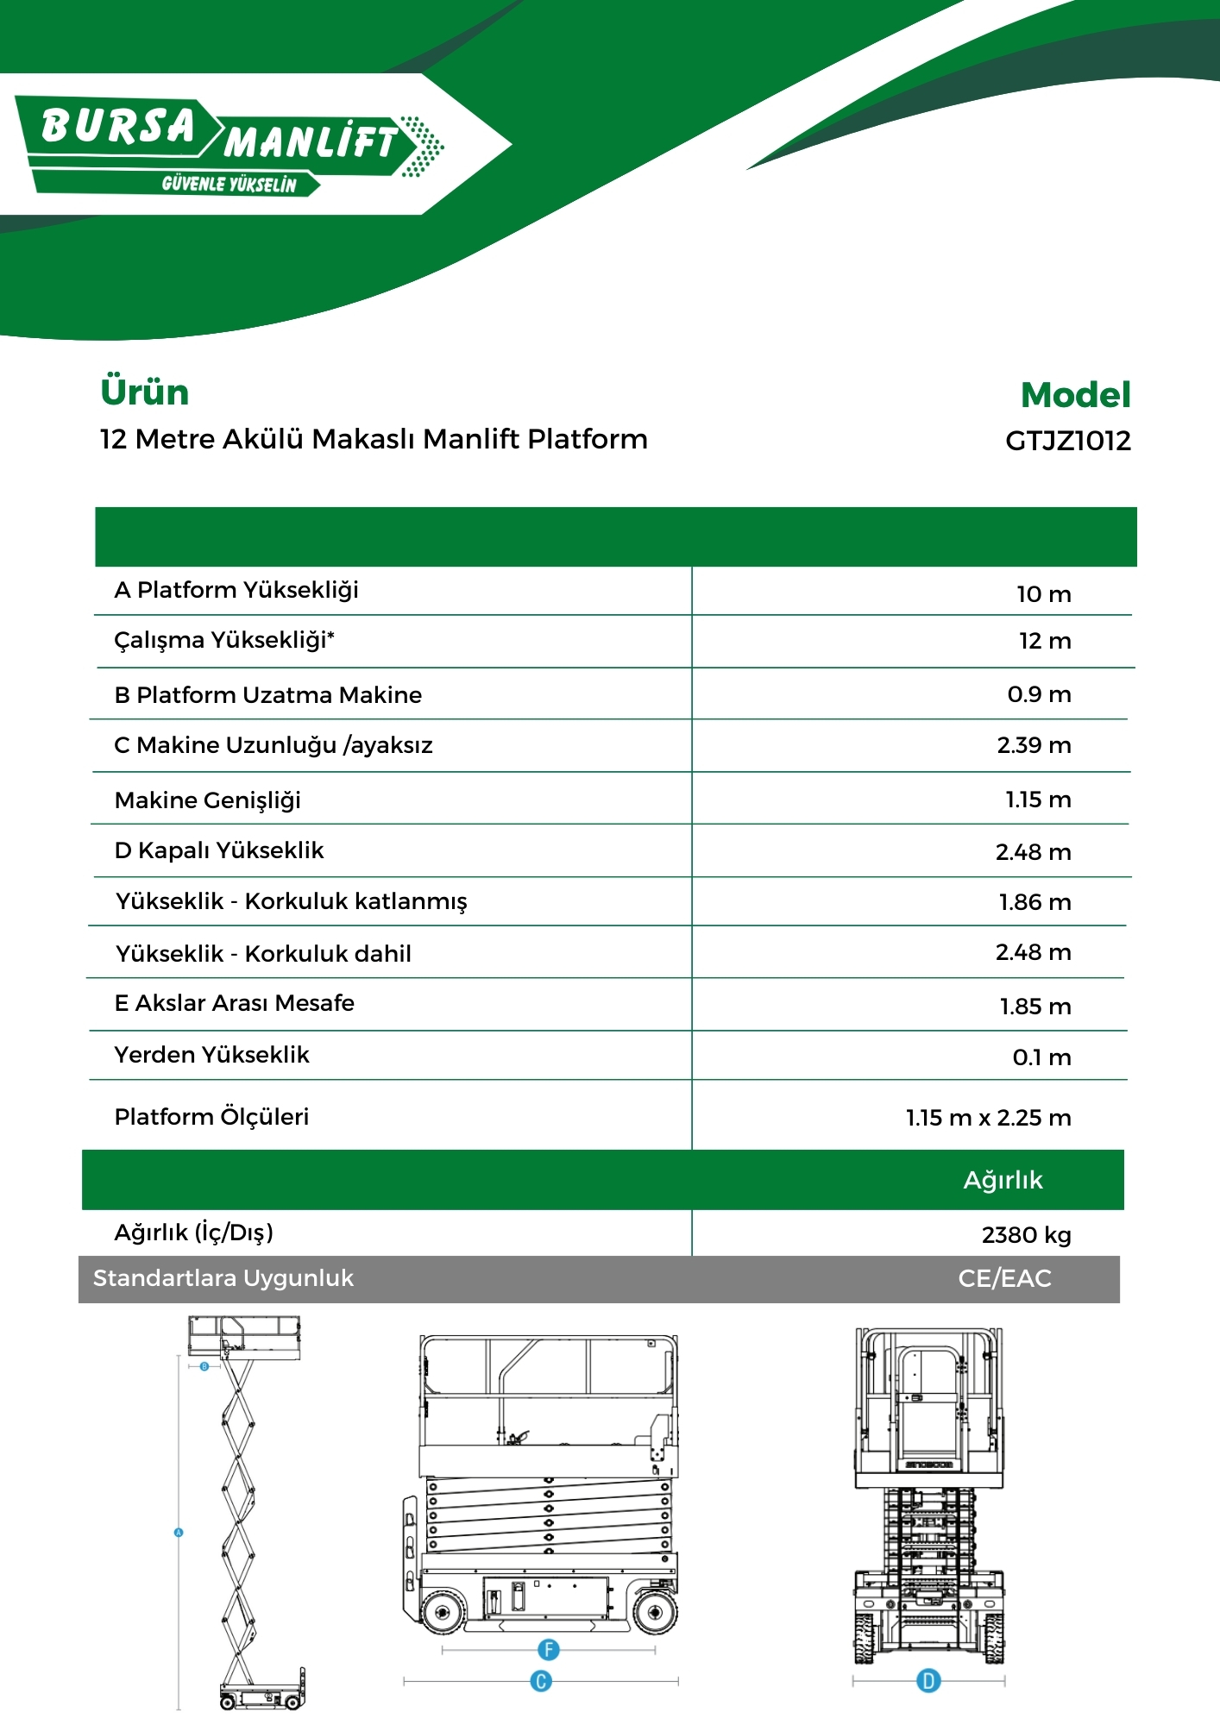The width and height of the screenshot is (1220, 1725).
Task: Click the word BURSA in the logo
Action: coord(119,126)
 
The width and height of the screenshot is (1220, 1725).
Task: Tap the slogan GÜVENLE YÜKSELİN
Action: coord(229,185)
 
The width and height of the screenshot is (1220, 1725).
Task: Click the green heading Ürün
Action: coord(144,392)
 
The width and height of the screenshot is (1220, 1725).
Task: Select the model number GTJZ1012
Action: coord(1067,441)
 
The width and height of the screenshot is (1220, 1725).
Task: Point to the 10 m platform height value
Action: coord(1043,594)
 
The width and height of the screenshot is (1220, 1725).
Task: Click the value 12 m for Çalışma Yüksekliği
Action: coord(1044,641)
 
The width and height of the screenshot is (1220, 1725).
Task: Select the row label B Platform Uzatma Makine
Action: coord(267,695)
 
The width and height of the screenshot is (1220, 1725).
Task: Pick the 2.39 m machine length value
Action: coord(1034,745)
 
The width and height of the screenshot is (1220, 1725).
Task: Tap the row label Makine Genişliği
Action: coord(207,800)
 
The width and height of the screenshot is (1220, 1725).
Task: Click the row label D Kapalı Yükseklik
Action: coord(219,850)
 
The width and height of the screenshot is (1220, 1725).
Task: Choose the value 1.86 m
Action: coord(1034,902)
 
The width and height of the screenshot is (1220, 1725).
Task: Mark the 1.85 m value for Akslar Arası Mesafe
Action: coord(1034,1007)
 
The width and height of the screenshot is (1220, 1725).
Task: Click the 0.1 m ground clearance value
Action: coord(1041,1057)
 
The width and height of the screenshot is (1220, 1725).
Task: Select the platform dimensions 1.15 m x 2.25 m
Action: coord(988,1118)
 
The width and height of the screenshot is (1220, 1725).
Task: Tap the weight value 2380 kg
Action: coord(1026,1235)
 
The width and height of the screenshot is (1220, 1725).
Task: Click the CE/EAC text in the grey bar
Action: coord(1004,1278)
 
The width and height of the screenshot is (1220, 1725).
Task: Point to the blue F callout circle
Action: coord(548,1650)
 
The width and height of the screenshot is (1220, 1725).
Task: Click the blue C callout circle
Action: coord(541,1681)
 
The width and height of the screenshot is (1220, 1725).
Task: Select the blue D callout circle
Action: coord(928,1680)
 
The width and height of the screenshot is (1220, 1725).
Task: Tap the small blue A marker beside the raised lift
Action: coord(179,1533)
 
